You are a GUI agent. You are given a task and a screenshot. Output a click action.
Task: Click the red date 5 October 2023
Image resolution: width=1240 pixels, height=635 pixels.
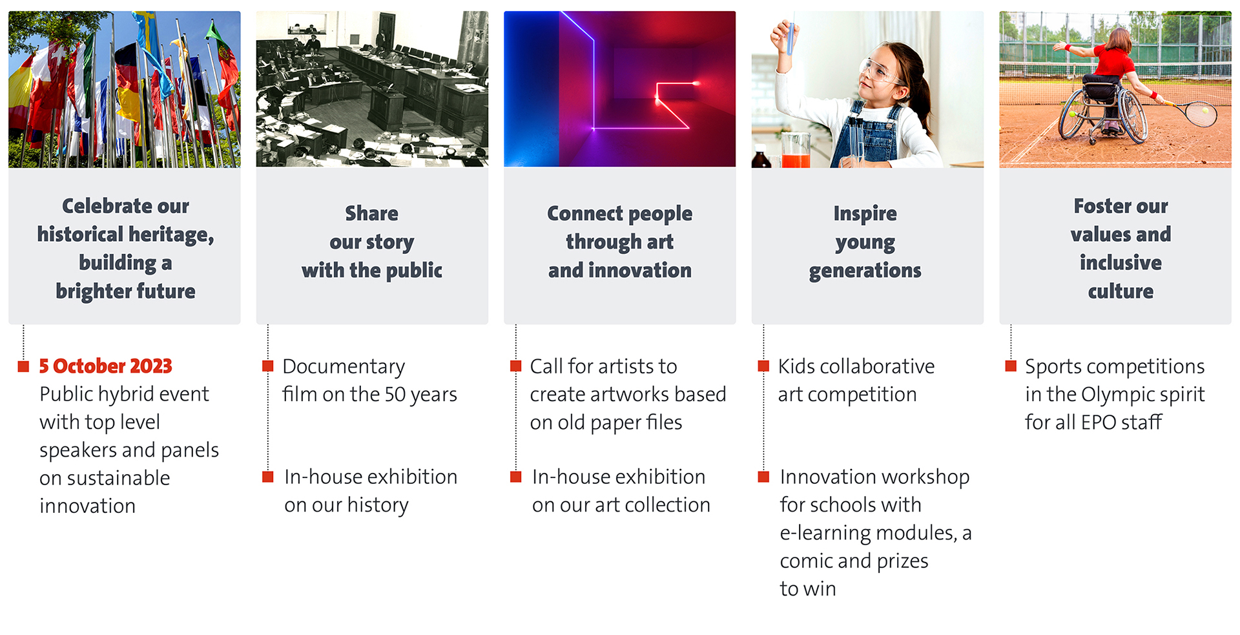(x=105, y=366)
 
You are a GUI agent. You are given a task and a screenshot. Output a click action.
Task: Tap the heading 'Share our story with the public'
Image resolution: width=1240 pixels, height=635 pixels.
(x=372, y=242)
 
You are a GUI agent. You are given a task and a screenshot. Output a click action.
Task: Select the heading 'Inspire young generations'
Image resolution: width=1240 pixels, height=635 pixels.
(x=865, y=242)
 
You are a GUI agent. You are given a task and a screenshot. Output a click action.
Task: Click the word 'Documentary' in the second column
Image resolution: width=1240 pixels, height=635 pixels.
(x=344, y=367)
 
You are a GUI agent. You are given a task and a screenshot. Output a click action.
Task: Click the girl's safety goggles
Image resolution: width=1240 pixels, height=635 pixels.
(x=879, y=72)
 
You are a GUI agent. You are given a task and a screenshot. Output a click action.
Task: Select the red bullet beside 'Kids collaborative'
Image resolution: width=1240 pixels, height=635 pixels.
(x=763, y=366)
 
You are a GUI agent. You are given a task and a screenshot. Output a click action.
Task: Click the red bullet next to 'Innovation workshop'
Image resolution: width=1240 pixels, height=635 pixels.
(x=763, y=477)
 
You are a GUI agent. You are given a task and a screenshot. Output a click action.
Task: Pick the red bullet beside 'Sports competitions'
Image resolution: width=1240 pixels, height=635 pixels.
(x=1011, y=366)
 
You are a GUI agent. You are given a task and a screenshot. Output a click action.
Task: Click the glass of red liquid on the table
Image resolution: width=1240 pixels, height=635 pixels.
(x=796, y=151)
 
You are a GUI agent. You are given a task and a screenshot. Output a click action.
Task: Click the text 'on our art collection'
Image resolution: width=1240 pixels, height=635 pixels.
(x=621, y=505)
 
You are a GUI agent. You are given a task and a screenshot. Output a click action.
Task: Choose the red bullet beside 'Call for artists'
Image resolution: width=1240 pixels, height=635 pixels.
(x=515, y=366)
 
